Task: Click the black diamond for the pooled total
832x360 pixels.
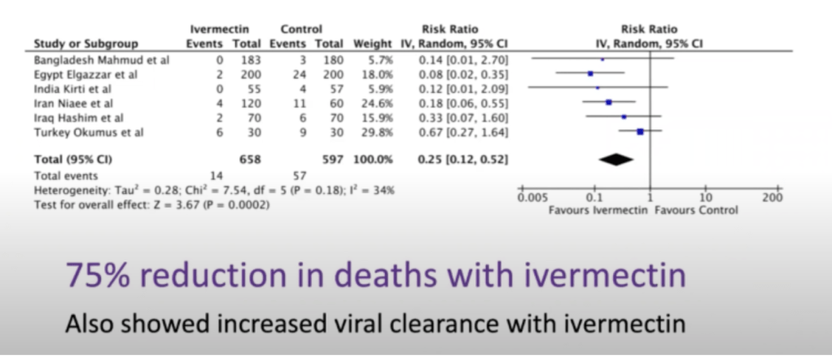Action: click(615, 160)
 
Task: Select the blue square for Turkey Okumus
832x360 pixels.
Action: click(641, 131)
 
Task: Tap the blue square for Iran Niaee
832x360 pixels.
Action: click(608, 102)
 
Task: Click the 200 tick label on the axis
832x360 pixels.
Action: click(772, 198)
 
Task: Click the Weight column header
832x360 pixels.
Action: click(372, 44)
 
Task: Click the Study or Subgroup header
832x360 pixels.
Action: click(85, 44)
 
